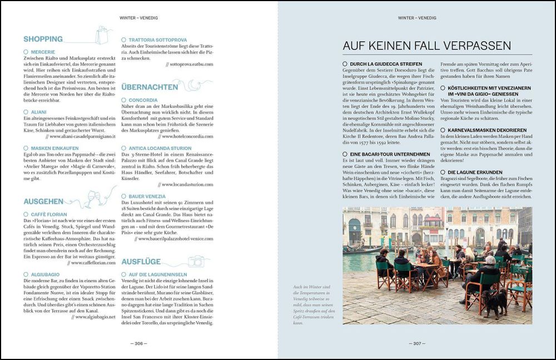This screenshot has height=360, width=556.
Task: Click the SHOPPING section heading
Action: (43, 39)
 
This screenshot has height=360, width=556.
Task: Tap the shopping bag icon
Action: (102, 35)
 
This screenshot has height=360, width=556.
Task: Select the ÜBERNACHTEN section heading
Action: (150, 87)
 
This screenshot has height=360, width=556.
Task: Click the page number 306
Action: (139, 343)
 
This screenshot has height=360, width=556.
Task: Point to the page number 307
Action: (417, 343)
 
